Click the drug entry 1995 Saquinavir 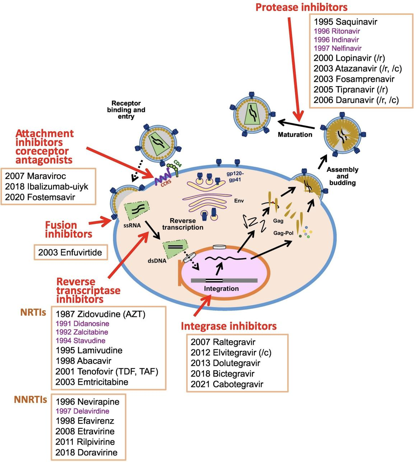[345, 22]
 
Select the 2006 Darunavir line [356, 100]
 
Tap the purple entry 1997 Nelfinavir [337, 48]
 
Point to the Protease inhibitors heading [301, 7]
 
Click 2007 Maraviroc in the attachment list [36, 176]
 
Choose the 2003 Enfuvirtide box [70, 252]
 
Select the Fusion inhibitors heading [68, 230]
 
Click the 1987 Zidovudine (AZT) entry [100, 314]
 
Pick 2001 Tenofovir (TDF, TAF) [107, 371]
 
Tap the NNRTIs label [31, 399]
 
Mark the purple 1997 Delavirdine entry [82, 411]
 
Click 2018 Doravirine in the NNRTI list [86, 452]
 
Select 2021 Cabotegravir [227, 384]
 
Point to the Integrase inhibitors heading [229, 326]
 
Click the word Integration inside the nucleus [221, 288]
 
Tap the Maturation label [295, 135]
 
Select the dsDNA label [157, 261]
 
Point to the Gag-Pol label [283, 233]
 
